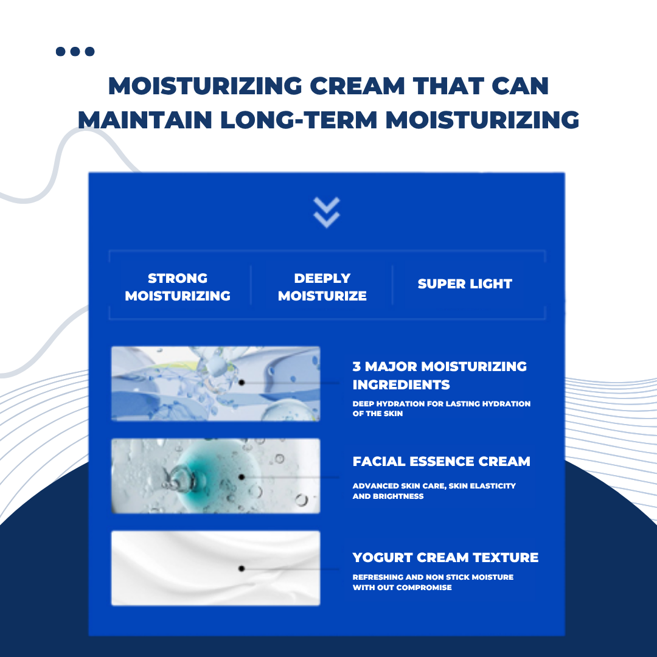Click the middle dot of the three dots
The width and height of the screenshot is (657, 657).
75,52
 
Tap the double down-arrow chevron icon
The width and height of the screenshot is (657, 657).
327,212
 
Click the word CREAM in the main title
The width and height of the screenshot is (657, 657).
358,86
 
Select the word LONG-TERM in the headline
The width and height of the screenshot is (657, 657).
299,120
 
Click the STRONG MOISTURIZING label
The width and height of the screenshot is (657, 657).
178,287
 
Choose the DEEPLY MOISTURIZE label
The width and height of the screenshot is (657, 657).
322,287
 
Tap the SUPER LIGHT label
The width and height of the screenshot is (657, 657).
465,283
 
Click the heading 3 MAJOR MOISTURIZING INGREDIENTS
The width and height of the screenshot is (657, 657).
440,375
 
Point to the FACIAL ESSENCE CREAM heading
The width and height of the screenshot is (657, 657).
441,461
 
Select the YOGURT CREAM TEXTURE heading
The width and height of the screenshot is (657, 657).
445,558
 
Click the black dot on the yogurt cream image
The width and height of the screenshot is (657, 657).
242,569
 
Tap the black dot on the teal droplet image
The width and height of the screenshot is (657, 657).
242,477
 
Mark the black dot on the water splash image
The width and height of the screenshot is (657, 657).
242,383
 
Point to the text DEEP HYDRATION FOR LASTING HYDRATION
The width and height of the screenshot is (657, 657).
441,404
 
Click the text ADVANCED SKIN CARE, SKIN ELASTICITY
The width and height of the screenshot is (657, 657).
434,486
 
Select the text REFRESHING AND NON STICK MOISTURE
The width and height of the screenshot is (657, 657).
433,577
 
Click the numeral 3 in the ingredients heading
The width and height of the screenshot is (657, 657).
356,367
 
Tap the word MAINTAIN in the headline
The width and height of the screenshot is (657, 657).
145,120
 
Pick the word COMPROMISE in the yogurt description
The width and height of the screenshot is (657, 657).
424,588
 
